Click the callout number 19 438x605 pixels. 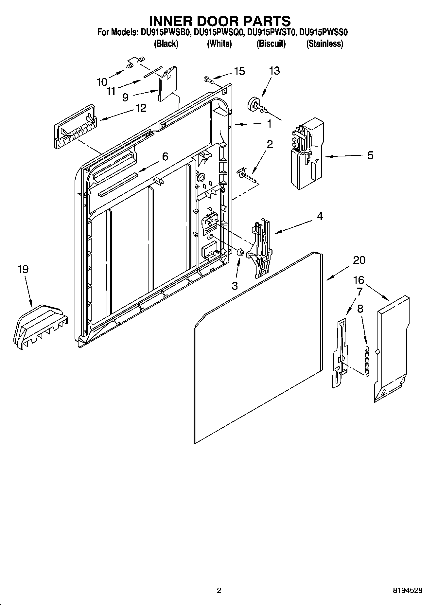pyautogui.click(x=23, y=269)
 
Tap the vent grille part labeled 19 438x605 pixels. pyautogui.click(x=40, y=326)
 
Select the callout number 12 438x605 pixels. pyautogui.click(x=141, y=108)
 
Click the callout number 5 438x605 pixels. pyautogui.click(x=370, y=155)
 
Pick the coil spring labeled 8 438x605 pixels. pyautogui.click(x=367, y=359)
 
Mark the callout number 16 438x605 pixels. pyautogui.click(x=359, y=280)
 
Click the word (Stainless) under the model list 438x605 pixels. pyautogui.click(x=324, y=44)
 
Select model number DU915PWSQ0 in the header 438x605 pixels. pyautogui.click(x=219, y=32)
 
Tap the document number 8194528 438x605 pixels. pyautogui.click(x=407, y=591)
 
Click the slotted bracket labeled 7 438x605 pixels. pyautogui.click(x=340, y=353)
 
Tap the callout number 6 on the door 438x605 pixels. pyautogui.click(x=165, y=157)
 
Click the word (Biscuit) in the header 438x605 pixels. pyautogui.click(x=271, y=44)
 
